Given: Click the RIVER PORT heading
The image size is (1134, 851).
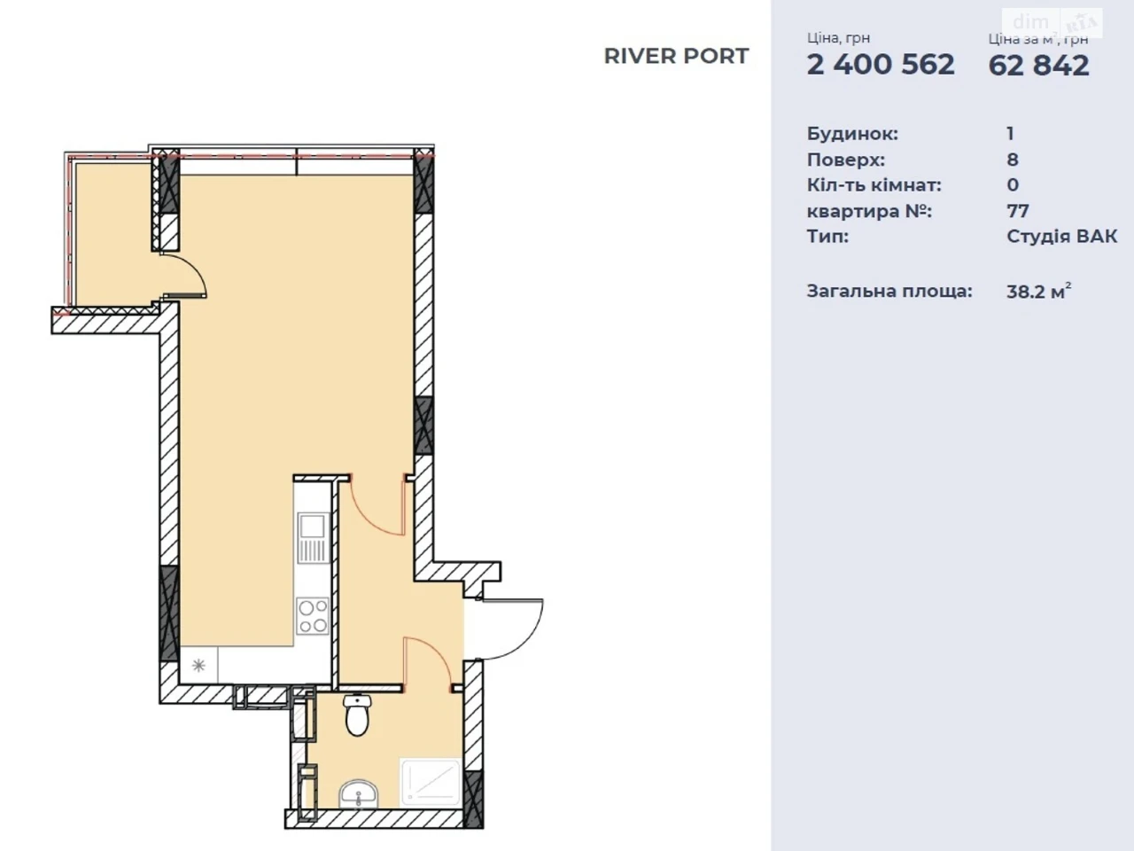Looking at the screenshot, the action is point(676,57).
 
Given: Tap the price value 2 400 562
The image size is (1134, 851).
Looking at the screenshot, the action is point(881,65).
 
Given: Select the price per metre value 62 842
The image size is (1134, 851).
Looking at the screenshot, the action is point(1039,66).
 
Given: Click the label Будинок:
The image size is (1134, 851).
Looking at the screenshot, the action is point(852,134).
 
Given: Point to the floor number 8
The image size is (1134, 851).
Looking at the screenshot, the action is point(1013,160).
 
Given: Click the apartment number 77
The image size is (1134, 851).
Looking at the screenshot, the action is point(1018,211).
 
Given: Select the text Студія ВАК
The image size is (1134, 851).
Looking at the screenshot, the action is point(1061,237).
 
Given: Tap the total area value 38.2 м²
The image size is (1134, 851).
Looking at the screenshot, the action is point(1038,292).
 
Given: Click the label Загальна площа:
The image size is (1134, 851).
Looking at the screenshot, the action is point(889,292).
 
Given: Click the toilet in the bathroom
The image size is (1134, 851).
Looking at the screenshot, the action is point(357,714).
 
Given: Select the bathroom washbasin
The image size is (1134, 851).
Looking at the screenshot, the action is point(359,793).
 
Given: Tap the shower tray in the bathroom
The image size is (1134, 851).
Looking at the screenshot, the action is point(431,782).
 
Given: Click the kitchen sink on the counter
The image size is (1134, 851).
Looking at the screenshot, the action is point(313,538).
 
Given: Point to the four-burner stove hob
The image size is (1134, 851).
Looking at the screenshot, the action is point(313,616).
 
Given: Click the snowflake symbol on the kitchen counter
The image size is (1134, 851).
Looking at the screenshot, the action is point(198,665).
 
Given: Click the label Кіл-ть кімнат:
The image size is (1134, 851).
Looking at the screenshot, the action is point(874,185).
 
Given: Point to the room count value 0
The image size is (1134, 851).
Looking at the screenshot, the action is point(1013,185).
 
